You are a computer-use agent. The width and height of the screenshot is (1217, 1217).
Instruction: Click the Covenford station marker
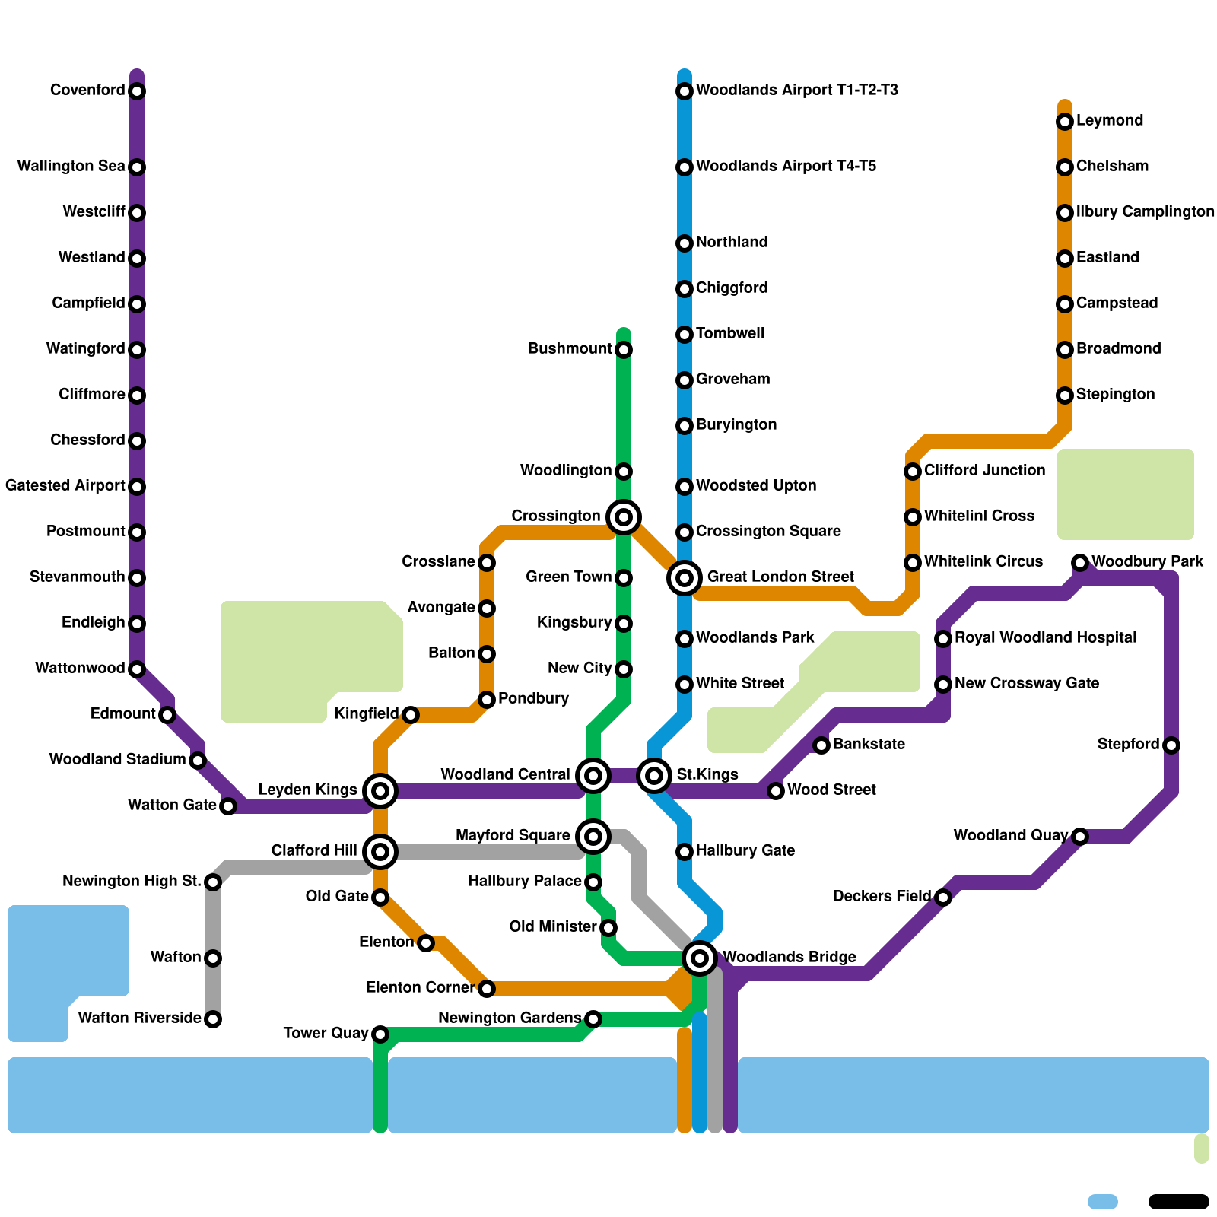(137, 91)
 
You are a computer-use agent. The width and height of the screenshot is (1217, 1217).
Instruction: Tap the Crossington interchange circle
(624, 517)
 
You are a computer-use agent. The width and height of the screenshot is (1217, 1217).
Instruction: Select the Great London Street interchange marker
(685, 578)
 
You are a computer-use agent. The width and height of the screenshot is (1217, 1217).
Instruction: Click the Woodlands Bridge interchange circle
(700, 958)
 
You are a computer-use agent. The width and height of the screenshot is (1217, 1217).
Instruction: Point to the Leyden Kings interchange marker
(380, 791)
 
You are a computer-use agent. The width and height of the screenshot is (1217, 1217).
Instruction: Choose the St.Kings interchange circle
(654, 776)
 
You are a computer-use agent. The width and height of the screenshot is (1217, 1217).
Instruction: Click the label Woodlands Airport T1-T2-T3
(796, 91)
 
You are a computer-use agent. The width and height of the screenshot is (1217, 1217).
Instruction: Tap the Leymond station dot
(1065, 122)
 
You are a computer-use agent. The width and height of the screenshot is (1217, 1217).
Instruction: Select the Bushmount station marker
(624, 350)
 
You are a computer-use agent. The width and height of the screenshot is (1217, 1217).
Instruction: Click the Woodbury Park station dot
(1080, 563)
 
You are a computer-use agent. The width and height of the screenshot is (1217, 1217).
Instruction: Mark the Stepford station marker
(1171, 745)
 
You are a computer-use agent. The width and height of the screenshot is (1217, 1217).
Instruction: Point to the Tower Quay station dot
(380, 1034)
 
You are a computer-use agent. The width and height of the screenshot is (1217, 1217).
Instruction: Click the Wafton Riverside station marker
(213, 1019)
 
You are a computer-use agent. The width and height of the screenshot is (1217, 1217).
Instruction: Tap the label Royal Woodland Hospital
(1045, 638)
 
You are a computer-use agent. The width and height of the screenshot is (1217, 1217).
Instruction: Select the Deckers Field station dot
(943, 898)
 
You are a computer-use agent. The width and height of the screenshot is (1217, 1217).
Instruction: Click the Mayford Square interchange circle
(593, 837)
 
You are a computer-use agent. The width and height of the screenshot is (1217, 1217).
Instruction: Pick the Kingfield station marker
(411, 715)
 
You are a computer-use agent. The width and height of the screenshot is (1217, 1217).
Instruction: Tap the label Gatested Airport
(65, 486)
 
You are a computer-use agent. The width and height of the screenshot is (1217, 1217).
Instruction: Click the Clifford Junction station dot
(913, 472)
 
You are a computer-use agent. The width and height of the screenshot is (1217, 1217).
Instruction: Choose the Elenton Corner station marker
(487, 989)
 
